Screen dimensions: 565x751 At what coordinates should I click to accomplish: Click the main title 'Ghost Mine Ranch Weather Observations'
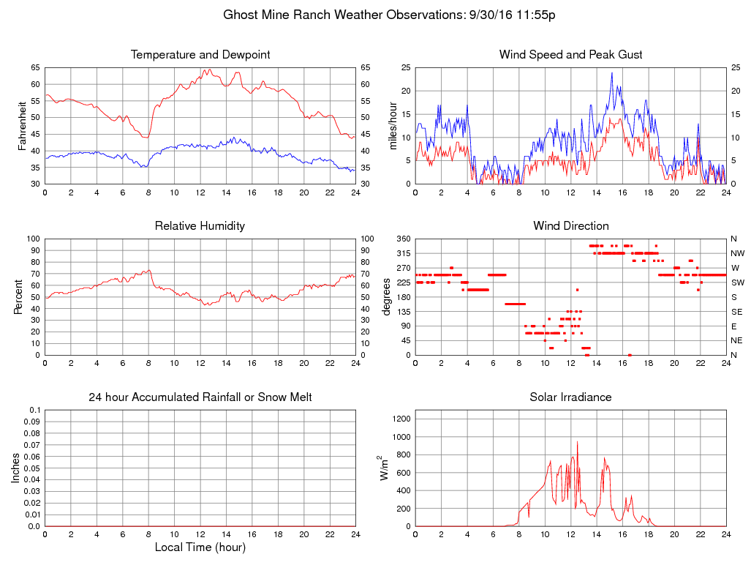tap(389, 15)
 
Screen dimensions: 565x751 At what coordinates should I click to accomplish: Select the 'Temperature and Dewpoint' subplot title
tap(200, 55)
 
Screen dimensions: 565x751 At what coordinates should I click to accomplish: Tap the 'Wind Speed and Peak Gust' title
tap(570, 55)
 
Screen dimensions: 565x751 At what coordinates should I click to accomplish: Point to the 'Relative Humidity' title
tap(200, 226)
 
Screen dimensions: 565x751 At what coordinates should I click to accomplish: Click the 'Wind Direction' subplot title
tap(570, 226)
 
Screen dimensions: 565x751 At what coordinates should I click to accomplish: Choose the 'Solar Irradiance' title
tap(570, 397)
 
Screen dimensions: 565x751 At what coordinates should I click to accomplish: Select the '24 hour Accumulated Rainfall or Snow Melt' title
tap(200, 397)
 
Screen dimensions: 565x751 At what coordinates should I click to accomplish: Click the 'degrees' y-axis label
tap(386, 297)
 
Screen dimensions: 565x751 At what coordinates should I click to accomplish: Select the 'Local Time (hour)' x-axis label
tap(200, 547)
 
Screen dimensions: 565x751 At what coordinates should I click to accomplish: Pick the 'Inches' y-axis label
tap(15, 468)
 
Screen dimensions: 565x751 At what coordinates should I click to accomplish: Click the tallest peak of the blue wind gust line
tap(612, 72)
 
